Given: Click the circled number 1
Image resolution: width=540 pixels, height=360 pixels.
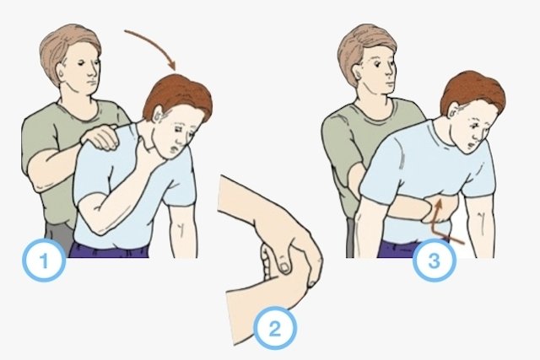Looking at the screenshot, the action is coord(44,261).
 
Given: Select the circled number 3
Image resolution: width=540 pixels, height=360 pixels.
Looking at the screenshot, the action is coord(435,261).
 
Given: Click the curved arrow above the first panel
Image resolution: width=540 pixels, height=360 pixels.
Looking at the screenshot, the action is coord(154,44).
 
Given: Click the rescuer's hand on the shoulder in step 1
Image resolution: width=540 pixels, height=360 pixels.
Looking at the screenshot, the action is coord(100,137).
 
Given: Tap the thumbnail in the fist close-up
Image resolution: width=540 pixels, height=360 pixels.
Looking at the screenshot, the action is coord(285,267).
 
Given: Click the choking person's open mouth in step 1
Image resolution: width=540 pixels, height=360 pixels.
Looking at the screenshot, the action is coord(175,148).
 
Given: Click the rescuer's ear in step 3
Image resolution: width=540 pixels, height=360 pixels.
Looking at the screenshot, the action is coord(359,73).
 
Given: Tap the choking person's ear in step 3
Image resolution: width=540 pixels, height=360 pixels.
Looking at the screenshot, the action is coord(454,110).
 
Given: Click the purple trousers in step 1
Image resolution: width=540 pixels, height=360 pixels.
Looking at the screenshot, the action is coord(109,250).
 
